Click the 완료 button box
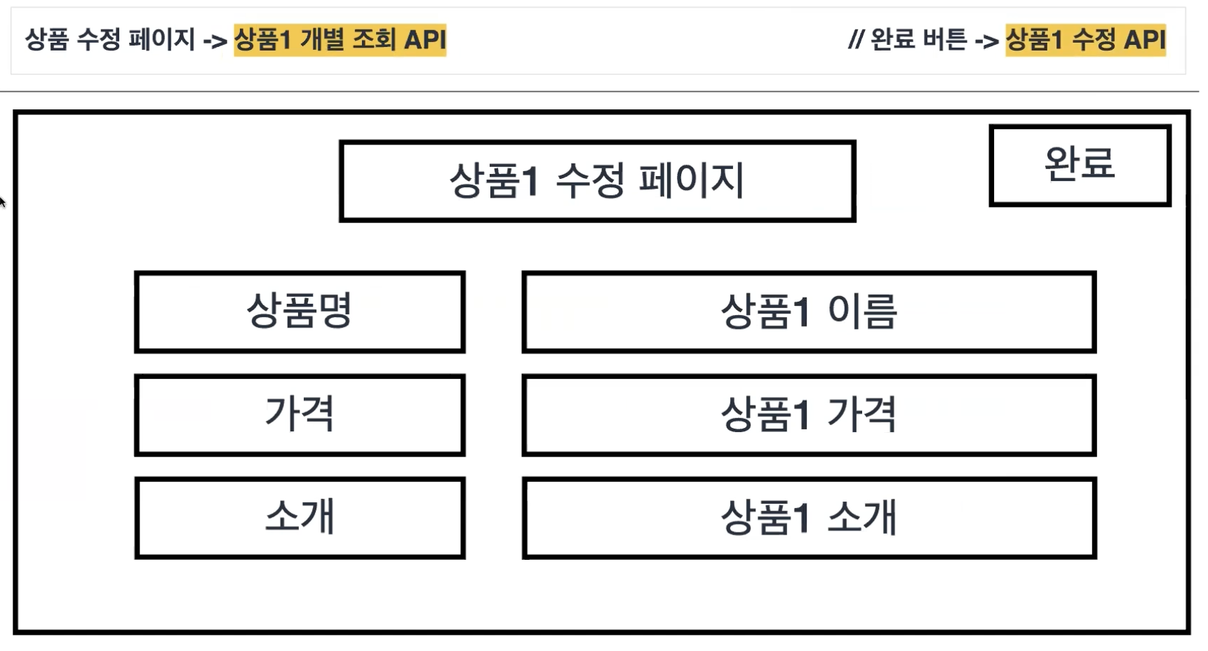click(1080, 166)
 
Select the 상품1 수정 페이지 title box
click(597, 181)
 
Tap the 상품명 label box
click(300, 311)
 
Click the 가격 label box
click(300, 415)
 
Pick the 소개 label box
click(300, 518)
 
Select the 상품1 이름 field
click(809, 311)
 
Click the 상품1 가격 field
click(809, 415)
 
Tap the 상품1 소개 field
click(809, 518)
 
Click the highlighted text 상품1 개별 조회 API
click(340, 39)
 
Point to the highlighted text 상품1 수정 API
click(1085, 39)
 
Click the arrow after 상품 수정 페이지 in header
click(215, 41)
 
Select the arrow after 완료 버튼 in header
click(986, 41)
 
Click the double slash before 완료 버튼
click(855, 39)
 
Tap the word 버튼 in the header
click(945, 39)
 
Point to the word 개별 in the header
click(322, 39)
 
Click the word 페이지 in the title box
click(691, 181)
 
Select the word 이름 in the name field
click(862, 311)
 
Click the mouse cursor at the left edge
click(2, 202)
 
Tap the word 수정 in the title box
click(590, 181)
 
